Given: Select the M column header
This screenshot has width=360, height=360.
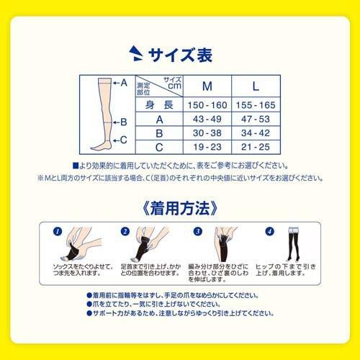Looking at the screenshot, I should [x=207, y=86].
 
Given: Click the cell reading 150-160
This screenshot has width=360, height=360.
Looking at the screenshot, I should [x=207, y=106].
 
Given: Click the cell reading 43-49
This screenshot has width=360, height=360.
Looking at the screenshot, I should [x=207, y=119].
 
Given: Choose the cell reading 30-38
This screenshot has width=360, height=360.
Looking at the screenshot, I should [x=207, y=133].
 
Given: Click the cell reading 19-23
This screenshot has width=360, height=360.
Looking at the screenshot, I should [x=207, y=147].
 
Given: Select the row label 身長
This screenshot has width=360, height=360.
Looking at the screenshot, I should [x=159, y=106].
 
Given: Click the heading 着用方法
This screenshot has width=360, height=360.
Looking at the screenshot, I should [x=180, y=210].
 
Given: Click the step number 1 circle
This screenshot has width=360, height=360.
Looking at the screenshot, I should [x=58, y=232].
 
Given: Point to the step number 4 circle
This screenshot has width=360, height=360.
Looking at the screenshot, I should [x=269, y=232].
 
